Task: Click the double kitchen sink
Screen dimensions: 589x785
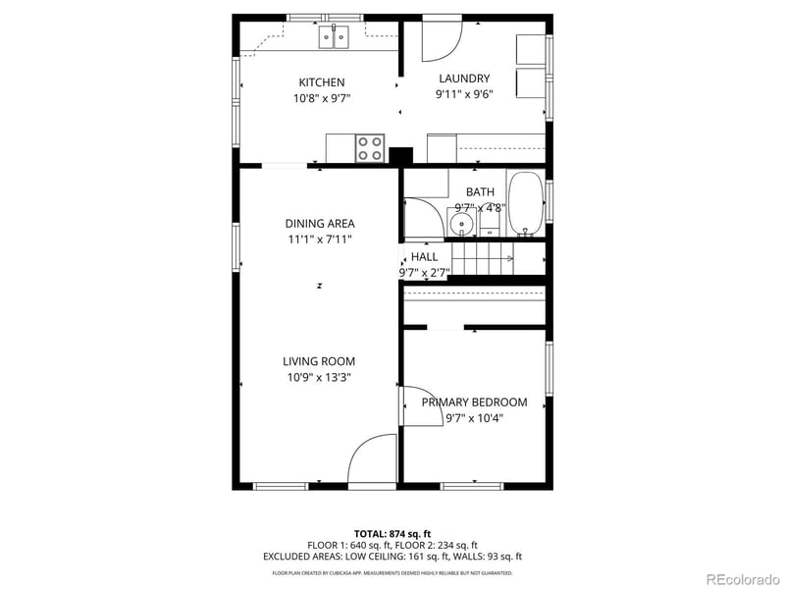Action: (334, 37)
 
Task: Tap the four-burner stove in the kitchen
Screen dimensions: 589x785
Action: (370, 148)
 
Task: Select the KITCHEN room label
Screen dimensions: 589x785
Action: (321, 82)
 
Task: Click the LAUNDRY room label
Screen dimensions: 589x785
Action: (464, 79)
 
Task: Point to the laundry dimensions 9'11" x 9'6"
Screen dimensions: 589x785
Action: (464, 95)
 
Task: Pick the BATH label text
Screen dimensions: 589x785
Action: (480, 192)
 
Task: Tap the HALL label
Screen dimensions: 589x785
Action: (424, 257)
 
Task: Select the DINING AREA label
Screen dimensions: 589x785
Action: (320, 224)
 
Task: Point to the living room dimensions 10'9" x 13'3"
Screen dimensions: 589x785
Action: (320, 377)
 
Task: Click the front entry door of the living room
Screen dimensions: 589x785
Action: (373, 461)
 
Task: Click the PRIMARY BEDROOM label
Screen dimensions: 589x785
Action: (474, 402)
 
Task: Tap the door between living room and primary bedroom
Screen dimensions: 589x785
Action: (416, 405)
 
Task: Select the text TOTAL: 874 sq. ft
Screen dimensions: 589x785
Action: (392, 533)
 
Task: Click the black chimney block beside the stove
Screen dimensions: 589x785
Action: (400, 155)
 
